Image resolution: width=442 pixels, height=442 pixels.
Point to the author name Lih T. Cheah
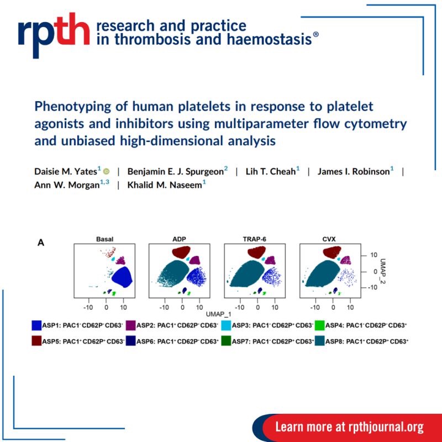tap(268, 171)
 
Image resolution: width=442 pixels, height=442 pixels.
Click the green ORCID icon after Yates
tap(107, 172)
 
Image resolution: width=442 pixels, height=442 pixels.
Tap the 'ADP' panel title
tap(180, 239)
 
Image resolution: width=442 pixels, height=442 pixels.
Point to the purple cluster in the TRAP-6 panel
tap(270, 260)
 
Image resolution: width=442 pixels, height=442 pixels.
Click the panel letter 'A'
tap(40, 241)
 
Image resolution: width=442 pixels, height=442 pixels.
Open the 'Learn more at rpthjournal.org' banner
tap(349, 427)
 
